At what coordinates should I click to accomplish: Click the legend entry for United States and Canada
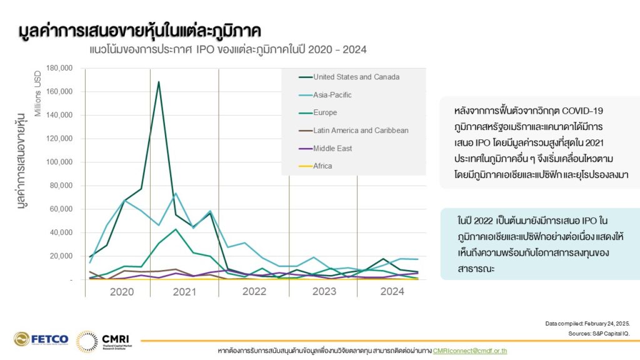356,77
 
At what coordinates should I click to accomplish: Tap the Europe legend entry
325,112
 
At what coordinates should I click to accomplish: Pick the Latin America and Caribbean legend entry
361,131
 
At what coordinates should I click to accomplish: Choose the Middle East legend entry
333,148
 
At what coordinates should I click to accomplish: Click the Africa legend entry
322,166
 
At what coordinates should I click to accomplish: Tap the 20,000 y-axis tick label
62,256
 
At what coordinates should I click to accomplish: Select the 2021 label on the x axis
184,291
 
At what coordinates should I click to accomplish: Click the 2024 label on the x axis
392,291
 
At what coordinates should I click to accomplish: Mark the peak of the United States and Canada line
159,82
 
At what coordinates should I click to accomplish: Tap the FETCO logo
41,339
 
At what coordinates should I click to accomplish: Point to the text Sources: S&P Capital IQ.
599,334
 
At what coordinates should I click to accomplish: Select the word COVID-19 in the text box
585,111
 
